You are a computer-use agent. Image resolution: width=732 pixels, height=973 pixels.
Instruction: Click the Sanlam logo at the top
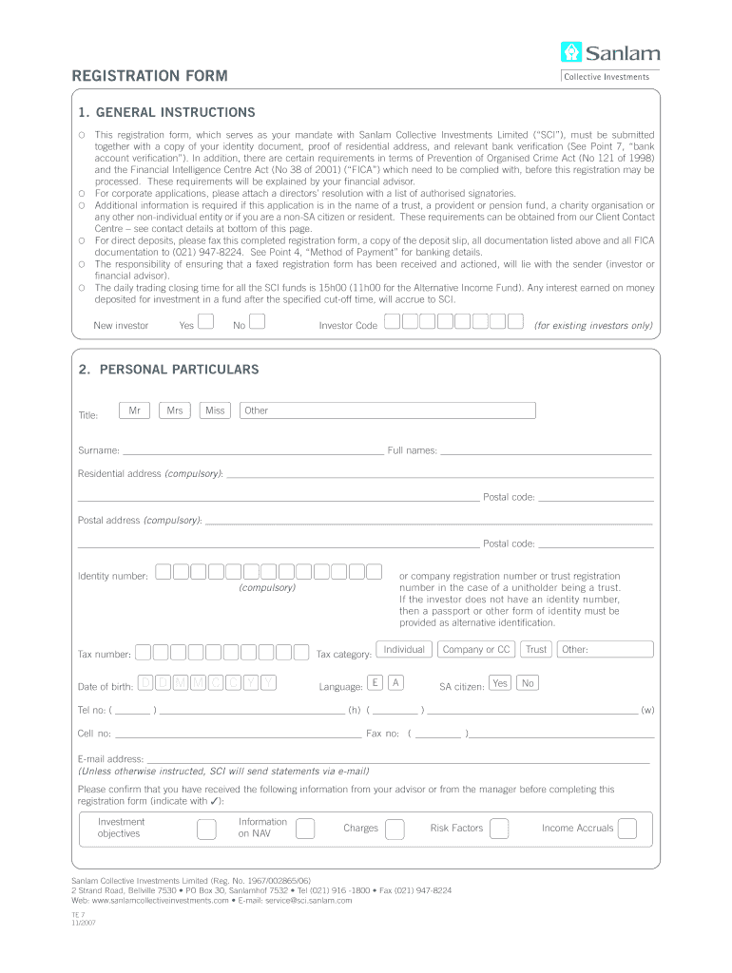[609, 53]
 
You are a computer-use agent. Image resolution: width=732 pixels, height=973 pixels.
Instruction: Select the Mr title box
[135, 410]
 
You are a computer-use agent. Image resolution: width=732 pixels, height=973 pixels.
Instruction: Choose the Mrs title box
[175, 410]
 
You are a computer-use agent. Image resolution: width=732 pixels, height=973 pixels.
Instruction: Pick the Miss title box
[215, 410]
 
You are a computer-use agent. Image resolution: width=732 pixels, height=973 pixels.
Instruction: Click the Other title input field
[388, 410]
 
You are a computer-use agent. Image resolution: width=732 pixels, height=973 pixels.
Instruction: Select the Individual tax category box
[405, 649]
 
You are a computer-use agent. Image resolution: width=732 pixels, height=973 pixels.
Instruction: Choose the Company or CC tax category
[476, 649]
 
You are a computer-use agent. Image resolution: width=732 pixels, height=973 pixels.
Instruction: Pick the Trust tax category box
[536, 649]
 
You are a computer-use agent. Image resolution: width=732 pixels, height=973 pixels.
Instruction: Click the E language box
[376, 682]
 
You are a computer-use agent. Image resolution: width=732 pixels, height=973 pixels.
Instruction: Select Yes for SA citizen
[500, 682]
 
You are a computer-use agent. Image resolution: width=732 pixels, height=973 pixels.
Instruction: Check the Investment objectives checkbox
[206, 829]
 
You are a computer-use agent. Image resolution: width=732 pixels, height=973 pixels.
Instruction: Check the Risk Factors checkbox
[499, 829]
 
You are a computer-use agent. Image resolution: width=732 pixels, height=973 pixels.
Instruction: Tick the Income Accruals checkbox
[627, 829]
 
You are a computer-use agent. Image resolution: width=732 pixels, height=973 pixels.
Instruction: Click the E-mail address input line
[397, 758]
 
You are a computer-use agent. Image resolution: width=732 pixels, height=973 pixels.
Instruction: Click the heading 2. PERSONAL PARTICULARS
[168, 369]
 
